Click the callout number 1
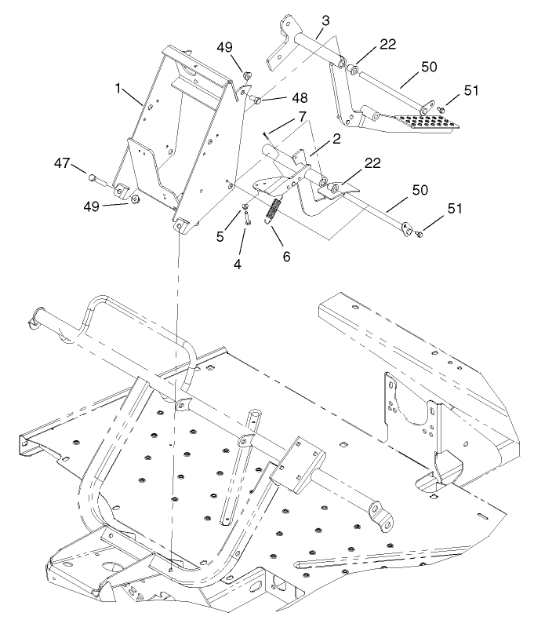click(x=119, y=89)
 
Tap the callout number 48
click(x=300, y=98)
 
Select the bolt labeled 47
click(x=99, y=178)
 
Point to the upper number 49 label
click(x=225, y=48)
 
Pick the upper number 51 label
click(x=470, y=90)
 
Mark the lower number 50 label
click(x=420, y=191)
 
